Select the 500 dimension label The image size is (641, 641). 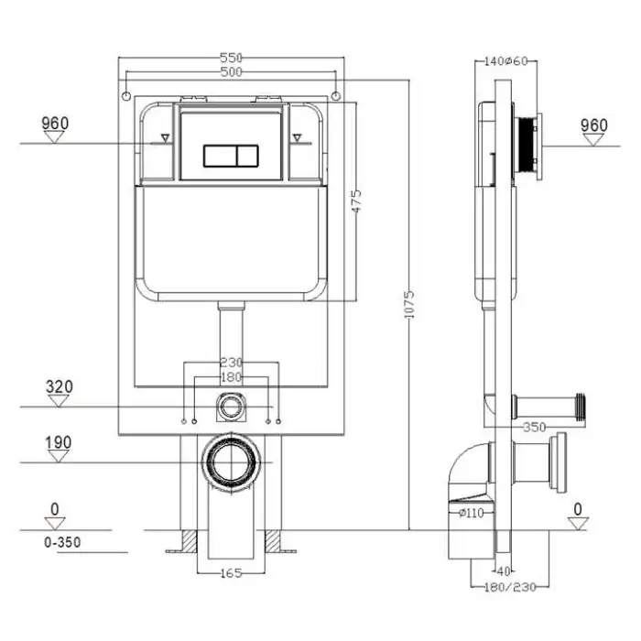coord(230,71)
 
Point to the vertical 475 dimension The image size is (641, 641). coord(357,202)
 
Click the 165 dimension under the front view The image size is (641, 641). coord(231,573)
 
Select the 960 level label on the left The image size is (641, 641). coord(56,124)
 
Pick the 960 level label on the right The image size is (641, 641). coord(594,125)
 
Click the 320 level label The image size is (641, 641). coord(59,386)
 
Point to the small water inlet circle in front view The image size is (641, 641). coord(230,403)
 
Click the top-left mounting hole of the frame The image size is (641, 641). coord(126,95)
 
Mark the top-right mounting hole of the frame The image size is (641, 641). coord(336,95)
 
